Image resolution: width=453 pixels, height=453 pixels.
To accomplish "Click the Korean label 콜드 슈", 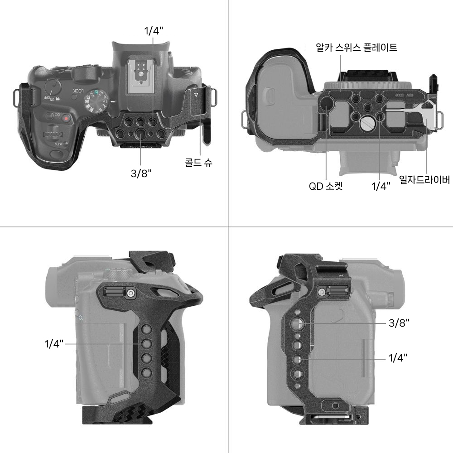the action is [x=198, y=162].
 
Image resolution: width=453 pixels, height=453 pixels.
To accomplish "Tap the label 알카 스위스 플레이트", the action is [x=357, y=48].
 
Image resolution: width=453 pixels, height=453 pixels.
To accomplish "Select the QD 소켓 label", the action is [x=326, y=186].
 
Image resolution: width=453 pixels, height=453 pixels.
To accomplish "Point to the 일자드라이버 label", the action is [x=424, y=180].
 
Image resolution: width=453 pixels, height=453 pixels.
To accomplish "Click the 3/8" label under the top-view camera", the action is [x=141, y=173].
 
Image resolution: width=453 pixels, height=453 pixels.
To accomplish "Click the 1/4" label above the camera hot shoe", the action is [x=154, y=31].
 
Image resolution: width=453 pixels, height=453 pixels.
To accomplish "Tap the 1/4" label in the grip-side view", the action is [x=54, y=344].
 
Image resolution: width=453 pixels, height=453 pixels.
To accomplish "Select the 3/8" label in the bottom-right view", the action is [x=399, y=323].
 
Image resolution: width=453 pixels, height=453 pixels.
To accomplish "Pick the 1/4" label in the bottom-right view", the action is [x=398, y=358].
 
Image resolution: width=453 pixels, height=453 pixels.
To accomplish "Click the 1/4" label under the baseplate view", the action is [x=381, y=186].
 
